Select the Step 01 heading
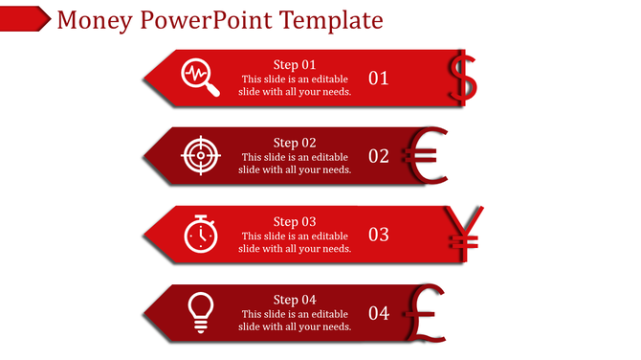[295, 65]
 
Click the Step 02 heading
[295, 143]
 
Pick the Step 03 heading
[295, 221]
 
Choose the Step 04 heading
[295, 300]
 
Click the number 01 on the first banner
[379, 79]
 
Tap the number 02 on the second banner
[379, 156]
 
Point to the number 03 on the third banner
[379, 235]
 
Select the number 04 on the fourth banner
[379, 313]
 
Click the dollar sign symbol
[464, 77]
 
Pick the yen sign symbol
[467, 233]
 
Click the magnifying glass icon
[201, 78]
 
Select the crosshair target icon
[200, 156]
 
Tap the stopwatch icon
[200, 234]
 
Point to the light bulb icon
[200, 312]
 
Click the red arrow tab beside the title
[25, 18]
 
